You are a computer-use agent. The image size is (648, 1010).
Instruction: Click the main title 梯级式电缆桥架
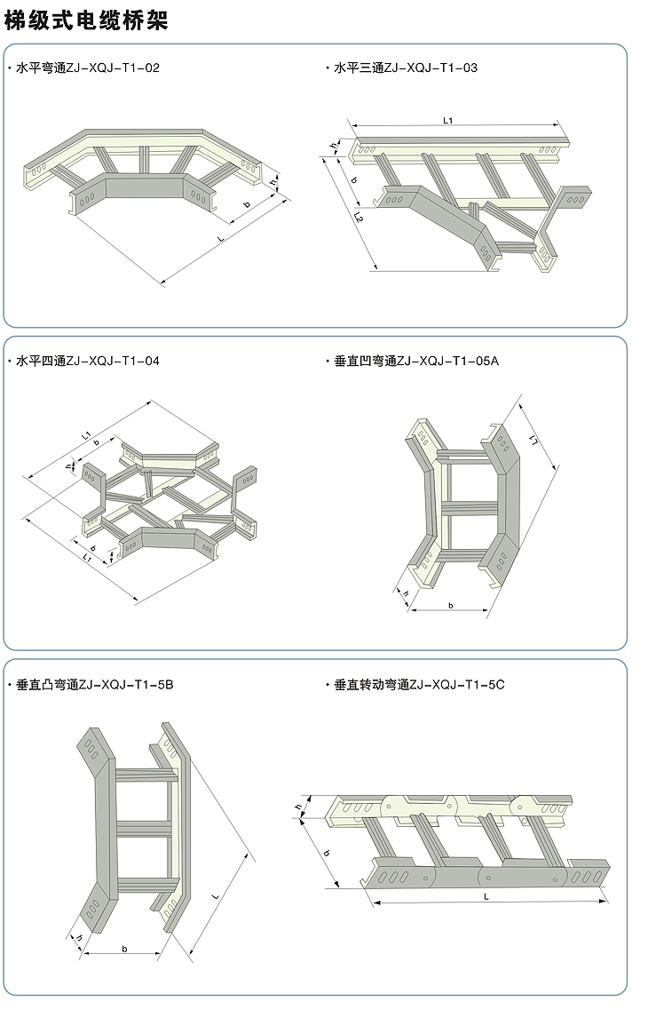(x=86, y=20)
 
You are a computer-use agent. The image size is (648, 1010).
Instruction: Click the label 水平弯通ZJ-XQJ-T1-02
(x=88, y=68)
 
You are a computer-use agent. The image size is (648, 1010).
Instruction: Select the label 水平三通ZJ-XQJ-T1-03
(x=406, y=68)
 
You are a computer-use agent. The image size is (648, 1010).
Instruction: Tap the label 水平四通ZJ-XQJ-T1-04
(x=88, y=362)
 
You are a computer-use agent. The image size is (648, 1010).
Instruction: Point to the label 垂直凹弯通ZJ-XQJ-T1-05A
(x=417, y=362)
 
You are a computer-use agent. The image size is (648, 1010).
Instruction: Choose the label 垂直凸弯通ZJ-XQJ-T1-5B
(x=95, y=685)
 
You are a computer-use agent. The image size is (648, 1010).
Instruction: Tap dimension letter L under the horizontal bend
(x=218, y=239)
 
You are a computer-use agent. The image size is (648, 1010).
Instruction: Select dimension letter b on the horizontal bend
(x=246, y=204)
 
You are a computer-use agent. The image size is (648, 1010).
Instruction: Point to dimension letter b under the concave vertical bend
(x=450, y=605)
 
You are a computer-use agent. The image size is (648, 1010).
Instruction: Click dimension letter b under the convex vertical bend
(x=124, y=949)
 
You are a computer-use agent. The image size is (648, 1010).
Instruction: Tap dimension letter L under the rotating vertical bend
(x=486, y=897)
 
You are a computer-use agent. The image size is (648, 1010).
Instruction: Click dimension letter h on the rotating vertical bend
(x=298, y=807)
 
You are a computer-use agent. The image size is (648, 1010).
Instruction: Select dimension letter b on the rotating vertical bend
(x=327, y=853)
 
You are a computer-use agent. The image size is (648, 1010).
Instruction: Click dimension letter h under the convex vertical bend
(x=78, y=940)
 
